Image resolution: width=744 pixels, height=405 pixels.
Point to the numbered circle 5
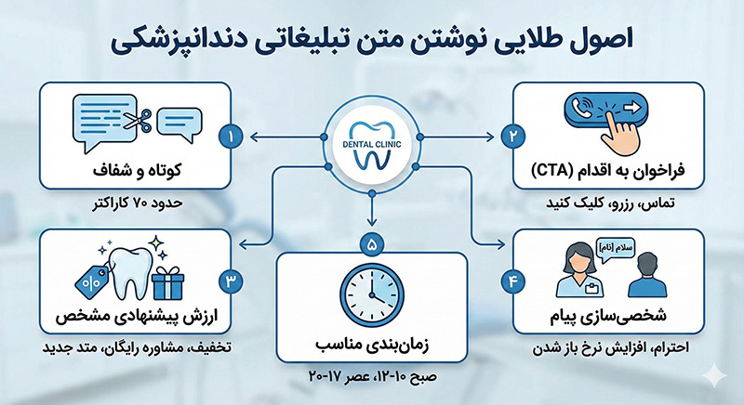[372, 247]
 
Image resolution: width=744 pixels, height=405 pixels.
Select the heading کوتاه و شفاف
[149, 170]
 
